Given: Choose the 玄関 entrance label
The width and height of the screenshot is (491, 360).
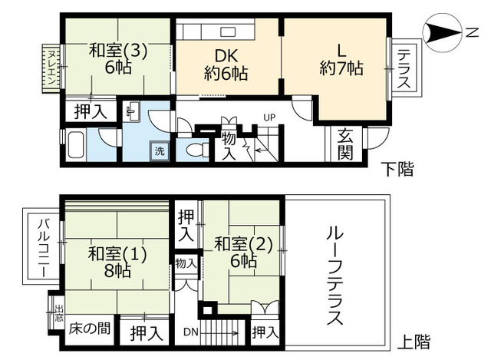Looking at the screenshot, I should pos(345,144).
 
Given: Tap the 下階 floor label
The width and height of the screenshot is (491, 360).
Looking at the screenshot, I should pos(397,168).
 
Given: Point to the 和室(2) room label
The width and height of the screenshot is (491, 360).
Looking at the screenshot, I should pos(244,253).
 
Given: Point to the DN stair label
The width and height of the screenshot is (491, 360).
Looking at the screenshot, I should pos(189,332).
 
